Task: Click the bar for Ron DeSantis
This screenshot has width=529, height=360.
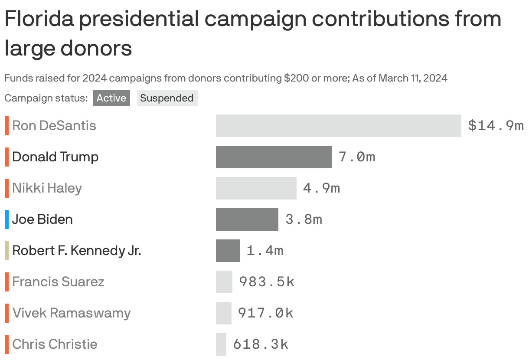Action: (x=338, y=126)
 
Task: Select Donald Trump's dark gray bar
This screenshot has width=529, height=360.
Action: (x=274, y=157)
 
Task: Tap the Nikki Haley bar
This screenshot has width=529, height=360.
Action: (x=256, y=188)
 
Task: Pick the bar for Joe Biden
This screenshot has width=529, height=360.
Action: (x=247, y=219)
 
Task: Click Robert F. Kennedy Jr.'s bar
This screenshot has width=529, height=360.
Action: (x=228, y=251)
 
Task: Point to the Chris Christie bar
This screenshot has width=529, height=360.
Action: (x=221, y=344)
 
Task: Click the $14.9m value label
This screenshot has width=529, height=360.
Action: (x=496, y=126)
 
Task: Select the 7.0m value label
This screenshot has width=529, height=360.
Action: (x=357, y=157)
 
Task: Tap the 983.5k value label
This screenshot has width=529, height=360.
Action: (x=267, y=282)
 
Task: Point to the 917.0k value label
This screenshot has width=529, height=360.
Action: (x=266, y=313)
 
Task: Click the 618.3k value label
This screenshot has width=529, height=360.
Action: (x=261, y=344)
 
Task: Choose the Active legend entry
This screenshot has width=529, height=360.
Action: (x=111, y=98)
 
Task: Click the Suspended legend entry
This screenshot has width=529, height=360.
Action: (x=167, y=98)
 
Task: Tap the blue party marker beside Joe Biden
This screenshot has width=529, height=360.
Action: (x=7, y=219)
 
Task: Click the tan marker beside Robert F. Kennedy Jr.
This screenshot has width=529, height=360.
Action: (x=7, y=251)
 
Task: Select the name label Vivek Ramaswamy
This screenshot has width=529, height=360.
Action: (x=72, y=313)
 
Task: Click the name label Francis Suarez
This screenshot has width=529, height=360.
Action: (x=58, y=282)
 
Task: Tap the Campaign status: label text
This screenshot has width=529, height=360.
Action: (x=46, y=98)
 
